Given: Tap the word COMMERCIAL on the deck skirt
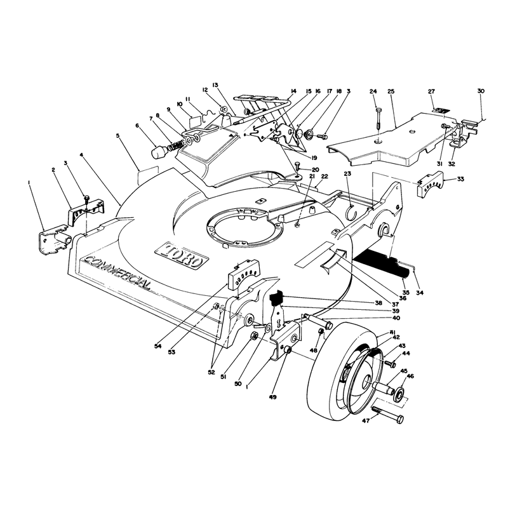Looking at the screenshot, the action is point(118,273).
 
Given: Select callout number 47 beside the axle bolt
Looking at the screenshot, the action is point(366,420).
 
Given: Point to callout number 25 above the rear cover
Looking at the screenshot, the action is point(391,91).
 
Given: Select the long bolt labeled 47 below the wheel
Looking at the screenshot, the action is point(388,415).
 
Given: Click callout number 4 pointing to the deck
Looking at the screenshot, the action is point(81,154).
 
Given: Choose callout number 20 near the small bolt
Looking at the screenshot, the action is point(315,170).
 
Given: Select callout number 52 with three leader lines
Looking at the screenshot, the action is point(211,373).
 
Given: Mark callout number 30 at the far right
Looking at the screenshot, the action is point(481,91).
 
